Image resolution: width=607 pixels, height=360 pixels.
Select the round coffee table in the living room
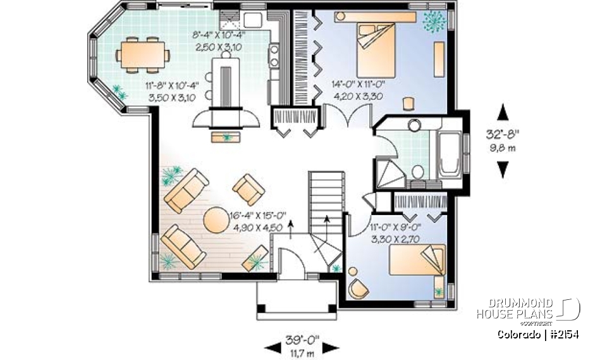coord(216,221)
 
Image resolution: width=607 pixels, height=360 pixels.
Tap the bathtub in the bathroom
coord(448,154)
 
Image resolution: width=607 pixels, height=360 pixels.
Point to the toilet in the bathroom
coord(417,171)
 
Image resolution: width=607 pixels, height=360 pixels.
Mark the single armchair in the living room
coord(248,189)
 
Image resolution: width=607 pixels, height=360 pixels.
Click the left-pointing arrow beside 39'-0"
coord(272,347)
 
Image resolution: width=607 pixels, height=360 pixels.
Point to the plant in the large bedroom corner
coord(434,20)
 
